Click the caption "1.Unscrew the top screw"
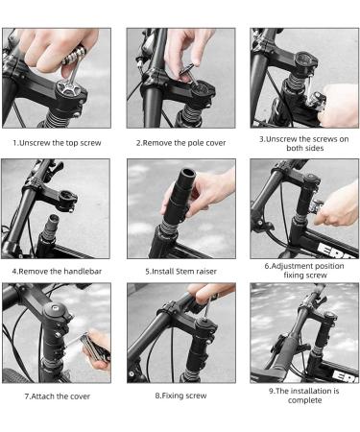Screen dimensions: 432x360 (x=56, y=141)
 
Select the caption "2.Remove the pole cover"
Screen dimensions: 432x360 (x=180, y=141)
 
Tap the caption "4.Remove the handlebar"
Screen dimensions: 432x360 (x=56, y=271)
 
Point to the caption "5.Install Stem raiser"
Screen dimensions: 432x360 (x=180, y=271)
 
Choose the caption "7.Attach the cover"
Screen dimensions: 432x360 (x=56, y=395)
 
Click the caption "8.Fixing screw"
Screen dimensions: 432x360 (x=180, y=395)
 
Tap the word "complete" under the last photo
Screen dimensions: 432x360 (x=304, y=400)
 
